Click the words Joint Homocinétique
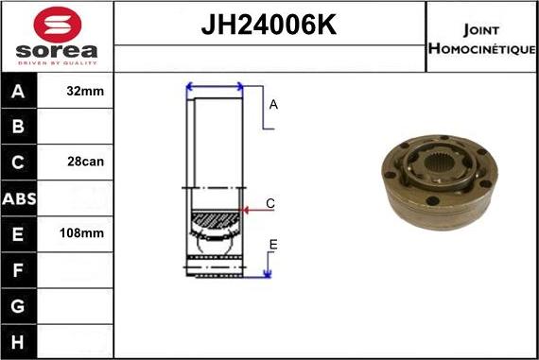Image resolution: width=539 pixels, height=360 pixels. (481, 37)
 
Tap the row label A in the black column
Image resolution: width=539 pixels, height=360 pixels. (19, 92)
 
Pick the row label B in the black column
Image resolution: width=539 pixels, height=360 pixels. (19, 127)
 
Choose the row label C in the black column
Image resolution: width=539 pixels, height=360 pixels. (19, 162)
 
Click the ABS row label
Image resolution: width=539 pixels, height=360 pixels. (19, 197)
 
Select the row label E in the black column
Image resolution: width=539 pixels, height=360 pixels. (19, 232)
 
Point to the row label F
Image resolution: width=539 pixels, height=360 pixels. (19, 269)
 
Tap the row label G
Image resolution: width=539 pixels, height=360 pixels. (19, 305)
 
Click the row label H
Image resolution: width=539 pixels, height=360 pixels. (19, 340)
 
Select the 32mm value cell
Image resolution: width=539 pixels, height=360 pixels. (86, 92)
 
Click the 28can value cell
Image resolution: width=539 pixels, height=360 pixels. (86, 162)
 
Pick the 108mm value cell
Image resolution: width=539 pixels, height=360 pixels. (84, 232)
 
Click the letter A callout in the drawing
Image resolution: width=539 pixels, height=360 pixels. (273, 105)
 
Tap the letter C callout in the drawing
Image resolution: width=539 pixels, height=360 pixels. (270, 203)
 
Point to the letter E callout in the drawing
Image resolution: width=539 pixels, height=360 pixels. (273, 246)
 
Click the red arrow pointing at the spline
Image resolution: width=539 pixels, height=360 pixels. (252, 210)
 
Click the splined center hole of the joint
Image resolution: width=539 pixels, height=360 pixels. (438, 172)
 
